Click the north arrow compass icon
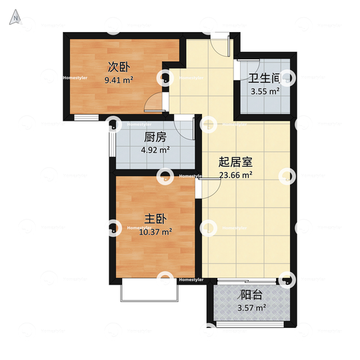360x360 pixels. pos(15,17)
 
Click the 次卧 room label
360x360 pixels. pos(119,67)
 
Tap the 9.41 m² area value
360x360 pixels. pos(119,80)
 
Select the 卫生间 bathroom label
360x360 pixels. pos(265,78)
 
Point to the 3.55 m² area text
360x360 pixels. pos(265,91)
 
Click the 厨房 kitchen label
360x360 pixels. pos(155,137)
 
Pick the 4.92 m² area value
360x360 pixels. pos(155,150)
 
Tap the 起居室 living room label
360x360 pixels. pos(235,162)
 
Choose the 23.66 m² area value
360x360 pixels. pos(236,175)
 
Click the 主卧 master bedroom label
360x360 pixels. pos(155,219)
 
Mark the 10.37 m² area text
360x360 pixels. pos(155,232)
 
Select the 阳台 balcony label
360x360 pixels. pos(251,295)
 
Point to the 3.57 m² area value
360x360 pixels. pos(251,307)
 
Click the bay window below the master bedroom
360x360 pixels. pos(149,289)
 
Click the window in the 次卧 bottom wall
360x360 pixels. pos(86,117)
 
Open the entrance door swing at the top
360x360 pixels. pos(221,46)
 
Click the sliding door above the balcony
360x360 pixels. pos(247,281)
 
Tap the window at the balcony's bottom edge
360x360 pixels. pos(250,324)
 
